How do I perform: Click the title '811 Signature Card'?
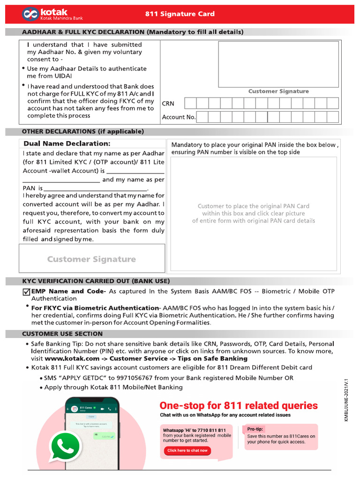point(180,14)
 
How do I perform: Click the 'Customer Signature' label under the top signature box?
point(278,91)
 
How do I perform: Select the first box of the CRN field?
point(190,103)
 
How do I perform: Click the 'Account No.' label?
point(179,117)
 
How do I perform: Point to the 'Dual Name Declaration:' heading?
point(67,143)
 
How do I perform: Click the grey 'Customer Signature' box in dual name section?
point(91,259)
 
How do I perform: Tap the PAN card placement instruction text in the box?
point(254,213)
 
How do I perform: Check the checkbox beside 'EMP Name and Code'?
point(26,292)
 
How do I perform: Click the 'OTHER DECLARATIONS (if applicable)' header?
point(83,131)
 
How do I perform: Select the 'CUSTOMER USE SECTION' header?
point(62,334)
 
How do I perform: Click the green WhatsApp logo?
point(65,447)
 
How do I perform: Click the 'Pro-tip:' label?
point(255,429)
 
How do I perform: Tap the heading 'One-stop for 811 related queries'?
point(239,405)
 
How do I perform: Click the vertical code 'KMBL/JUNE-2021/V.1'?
point(347,400)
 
